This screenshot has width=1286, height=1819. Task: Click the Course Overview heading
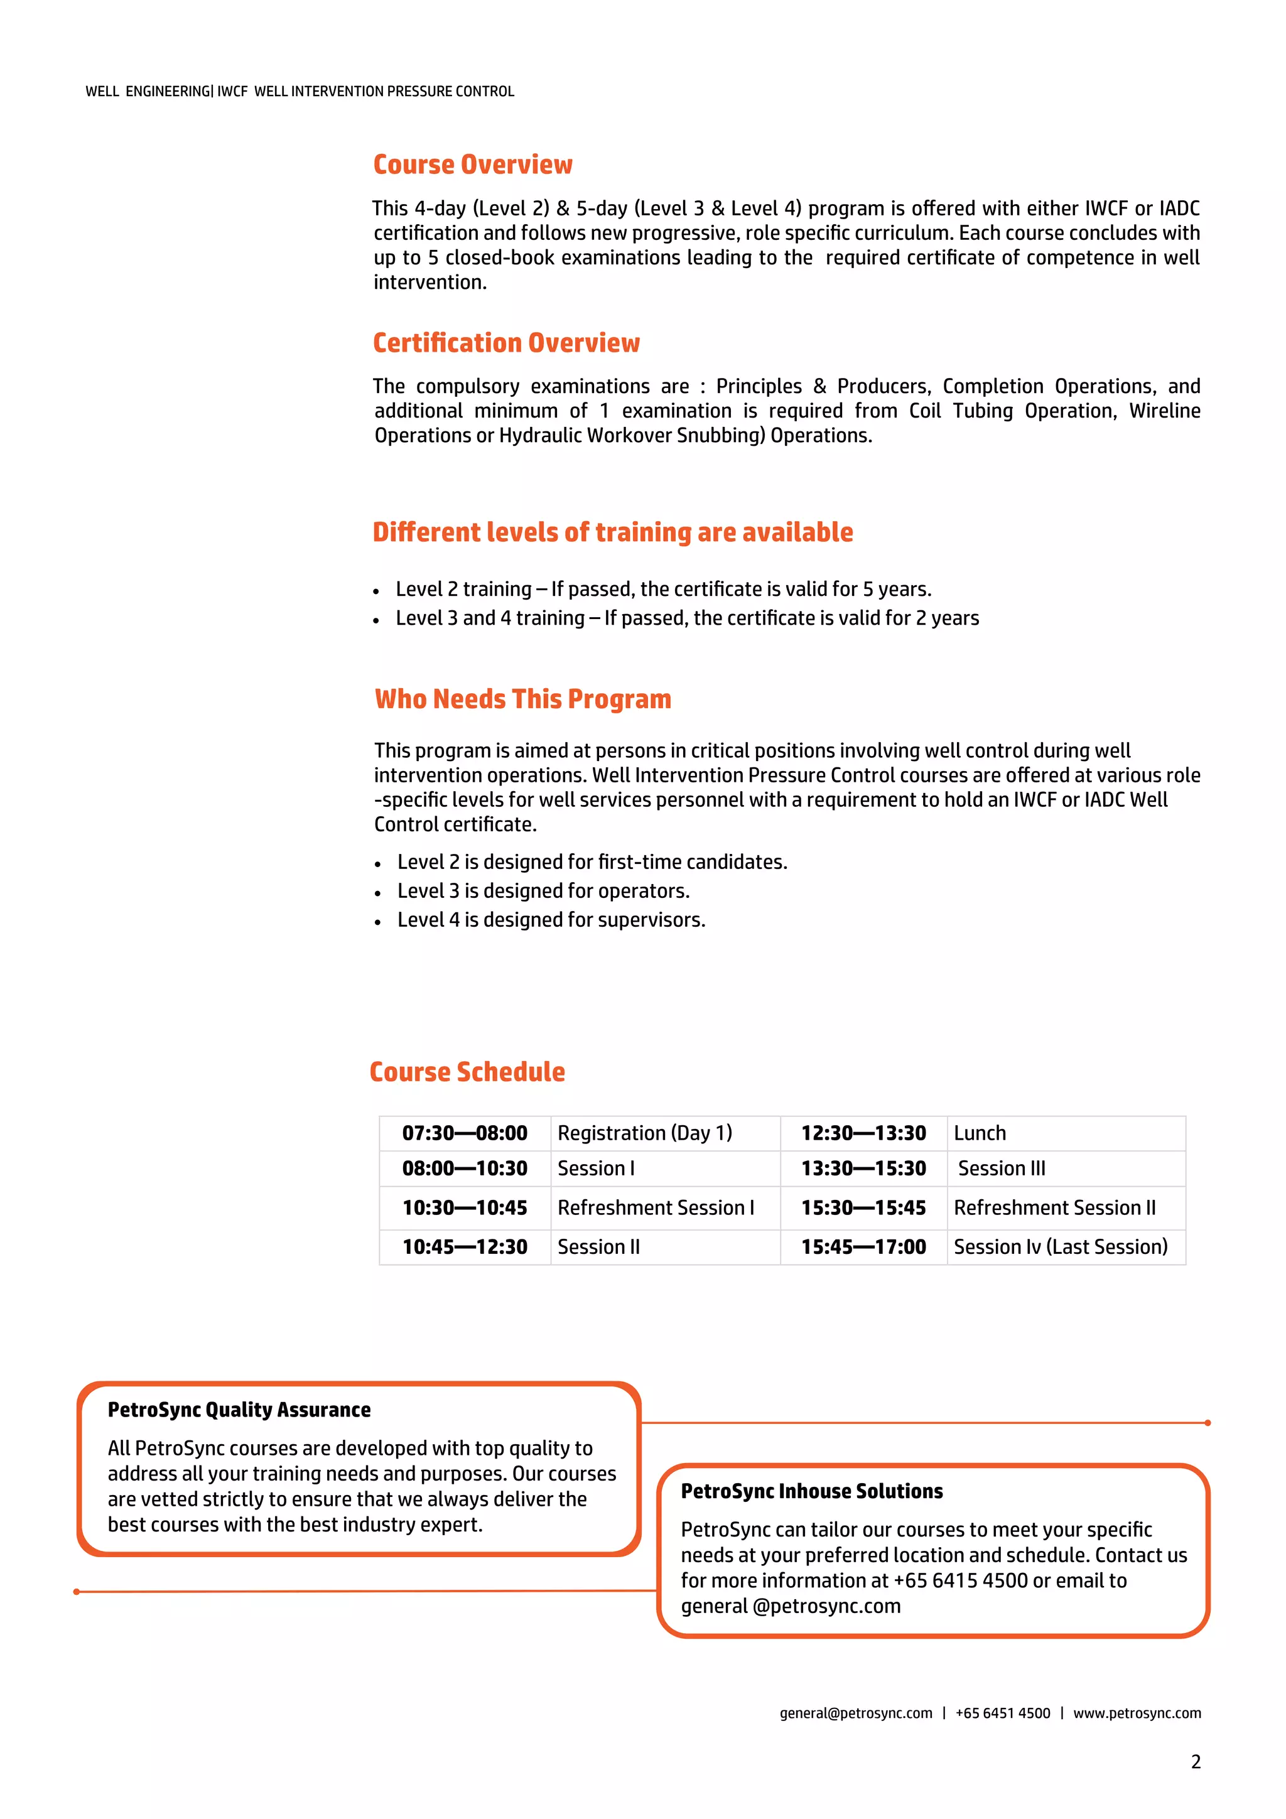click(x=472, y=164)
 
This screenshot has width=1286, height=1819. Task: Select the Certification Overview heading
click(x=505, y=342)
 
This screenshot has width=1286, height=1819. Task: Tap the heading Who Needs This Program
click(x=522, y=699)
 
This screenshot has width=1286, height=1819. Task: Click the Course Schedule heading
click(x=467, y=1071)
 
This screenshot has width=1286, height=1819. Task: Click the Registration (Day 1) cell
click(x=644, y=1133)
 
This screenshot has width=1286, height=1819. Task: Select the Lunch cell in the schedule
click(x=980, y=1133)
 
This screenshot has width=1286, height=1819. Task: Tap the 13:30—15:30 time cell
click(x=863, y=1169)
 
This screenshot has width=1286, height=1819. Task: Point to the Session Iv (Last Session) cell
click(x=1060, y=1247)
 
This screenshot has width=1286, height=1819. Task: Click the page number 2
click(x=1195, y=1762)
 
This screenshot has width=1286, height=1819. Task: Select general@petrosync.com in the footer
click(x=856, y=1713)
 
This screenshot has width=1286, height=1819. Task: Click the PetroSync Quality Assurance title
click(x=239, y=1410)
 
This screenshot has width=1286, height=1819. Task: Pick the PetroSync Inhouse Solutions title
click(x=811, y=1491)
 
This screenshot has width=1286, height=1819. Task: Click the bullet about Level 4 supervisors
click(x=551, y=920)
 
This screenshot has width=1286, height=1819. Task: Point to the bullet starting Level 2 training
click(x=663, y=590)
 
